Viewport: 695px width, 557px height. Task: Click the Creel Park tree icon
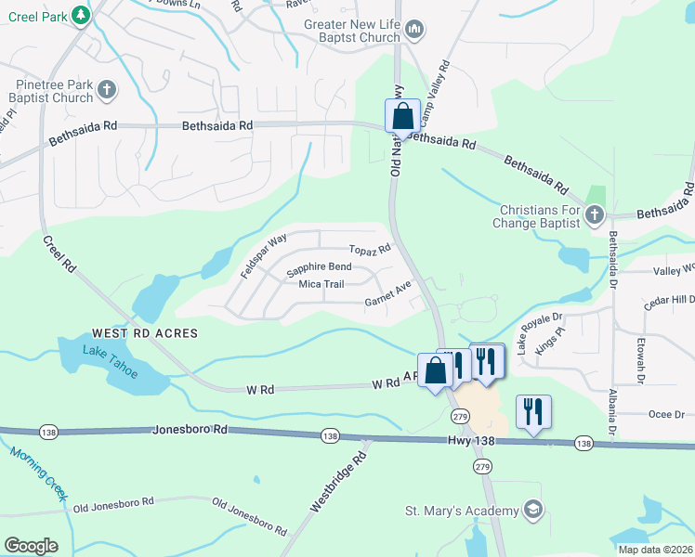tap(81, 15)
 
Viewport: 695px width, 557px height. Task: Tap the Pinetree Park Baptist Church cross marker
tap(106, 90)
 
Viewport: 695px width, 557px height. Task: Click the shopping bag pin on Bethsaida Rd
tap(402, 117)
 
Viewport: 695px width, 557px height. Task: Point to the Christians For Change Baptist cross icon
tap(594, 216)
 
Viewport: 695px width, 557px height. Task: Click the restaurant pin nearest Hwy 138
tap(533, 411)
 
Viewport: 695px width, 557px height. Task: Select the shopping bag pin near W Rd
tap(435, 370)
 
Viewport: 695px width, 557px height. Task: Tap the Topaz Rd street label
tap(370, 250)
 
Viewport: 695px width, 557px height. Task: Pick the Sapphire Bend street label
tap(319, 268)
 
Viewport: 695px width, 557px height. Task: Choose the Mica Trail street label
tap(321, 284)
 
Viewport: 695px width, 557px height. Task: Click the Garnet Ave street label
tap(387, 294)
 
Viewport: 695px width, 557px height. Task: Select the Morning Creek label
tap(38, 473)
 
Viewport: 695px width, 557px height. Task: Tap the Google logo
tap(31, 546)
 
